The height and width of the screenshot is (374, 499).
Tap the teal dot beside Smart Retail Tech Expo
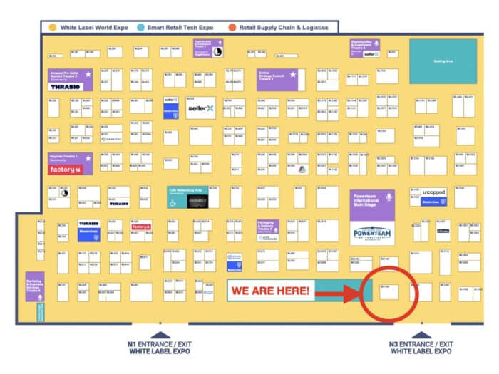(142, 27)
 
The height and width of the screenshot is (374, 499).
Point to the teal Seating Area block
(443, 61)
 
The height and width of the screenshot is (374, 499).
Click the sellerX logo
(200, 108)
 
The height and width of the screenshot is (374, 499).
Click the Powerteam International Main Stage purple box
(372, 202)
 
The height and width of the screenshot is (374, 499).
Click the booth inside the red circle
(388, 291)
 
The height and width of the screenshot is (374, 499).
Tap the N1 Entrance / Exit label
(161, 348)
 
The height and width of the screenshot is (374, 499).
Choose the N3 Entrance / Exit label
(421, 348)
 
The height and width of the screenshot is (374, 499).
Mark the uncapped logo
(434, 192)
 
